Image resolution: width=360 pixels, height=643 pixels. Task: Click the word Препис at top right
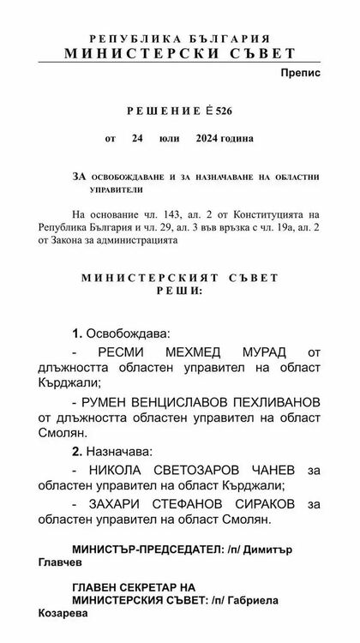[300, 74]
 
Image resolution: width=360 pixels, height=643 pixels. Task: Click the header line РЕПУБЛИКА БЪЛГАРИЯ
[181, 39]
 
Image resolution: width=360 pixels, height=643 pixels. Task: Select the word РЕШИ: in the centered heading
[181, 292]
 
